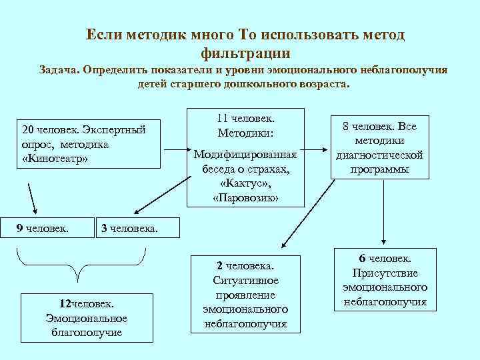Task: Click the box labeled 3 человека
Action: tap(137, 229)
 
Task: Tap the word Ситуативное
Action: tap(245, 280)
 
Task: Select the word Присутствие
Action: tap(385, 273)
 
